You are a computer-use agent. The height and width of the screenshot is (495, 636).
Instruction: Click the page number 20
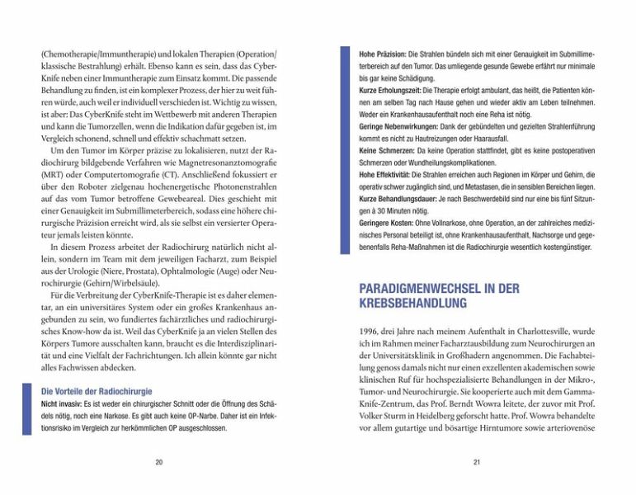[158, 462]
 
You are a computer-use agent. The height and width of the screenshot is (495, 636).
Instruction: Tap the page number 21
[476, 462]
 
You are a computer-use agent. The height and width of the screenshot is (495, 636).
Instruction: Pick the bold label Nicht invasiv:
[62, 404]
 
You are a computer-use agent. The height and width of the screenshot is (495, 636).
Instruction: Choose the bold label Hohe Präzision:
[382, 53]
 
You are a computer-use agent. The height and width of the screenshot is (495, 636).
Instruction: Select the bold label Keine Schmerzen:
[384, 152]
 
